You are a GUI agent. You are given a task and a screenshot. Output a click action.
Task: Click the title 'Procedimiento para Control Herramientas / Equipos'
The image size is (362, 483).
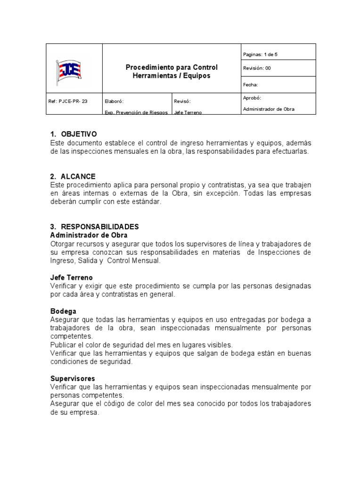172,72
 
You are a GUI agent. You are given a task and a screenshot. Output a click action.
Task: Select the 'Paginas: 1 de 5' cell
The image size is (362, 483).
260,55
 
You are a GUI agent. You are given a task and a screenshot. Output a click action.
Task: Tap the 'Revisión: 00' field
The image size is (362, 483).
257,68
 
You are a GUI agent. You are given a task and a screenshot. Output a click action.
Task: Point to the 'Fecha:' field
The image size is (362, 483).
250,85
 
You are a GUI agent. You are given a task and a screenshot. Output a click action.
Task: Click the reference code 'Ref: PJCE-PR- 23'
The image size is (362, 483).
68,101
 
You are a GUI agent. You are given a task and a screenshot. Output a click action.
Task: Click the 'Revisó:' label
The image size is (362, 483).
183,101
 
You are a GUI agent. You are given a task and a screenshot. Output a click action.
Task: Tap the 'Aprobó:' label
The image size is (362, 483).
252,98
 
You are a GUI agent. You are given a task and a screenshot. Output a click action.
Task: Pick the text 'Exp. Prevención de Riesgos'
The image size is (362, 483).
136,113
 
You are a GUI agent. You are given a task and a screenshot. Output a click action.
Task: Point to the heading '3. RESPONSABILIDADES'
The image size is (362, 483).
94,227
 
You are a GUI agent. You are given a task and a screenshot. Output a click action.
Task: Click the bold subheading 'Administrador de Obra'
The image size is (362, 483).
89,235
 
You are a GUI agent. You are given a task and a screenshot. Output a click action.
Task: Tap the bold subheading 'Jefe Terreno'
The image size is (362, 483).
72,277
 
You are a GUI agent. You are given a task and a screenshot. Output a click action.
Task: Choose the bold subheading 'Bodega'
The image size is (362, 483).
63,311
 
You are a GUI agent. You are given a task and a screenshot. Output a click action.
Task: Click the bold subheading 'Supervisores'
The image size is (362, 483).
73,378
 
